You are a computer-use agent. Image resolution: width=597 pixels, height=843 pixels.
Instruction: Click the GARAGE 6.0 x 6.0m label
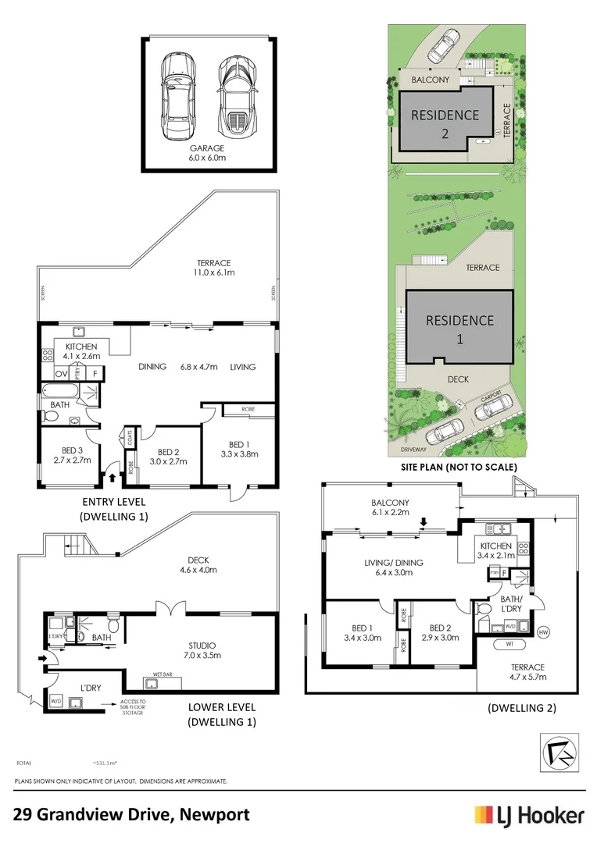pos(207,152)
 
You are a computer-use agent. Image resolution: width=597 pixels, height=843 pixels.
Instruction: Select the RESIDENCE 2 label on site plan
pos(445,123)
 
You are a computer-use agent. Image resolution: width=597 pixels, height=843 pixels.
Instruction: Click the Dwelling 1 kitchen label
pos(80,351)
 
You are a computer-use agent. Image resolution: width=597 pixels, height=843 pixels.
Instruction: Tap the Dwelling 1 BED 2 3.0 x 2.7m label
pos(170,457)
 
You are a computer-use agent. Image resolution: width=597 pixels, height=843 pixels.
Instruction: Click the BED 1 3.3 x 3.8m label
pos(241,449)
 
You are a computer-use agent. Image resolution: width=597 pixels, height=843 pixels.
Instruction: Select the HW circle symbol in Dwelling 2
pos(542,631)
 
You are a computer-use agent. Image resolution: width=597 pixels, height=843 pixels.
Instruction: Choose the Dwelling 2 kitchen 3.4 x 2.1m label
pos(495,550)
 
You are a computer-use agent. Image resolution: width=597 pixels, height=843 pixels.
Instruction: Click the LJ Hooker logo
pos(529,816)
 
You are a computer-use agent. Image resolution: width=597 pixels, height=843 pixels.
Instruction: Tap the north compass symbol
pos(560,752)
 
